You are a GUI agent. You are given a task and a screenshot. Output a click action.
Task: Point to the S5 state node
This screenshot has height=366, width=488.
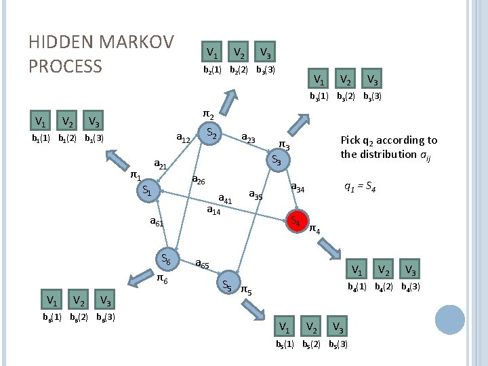(x=228, y=285)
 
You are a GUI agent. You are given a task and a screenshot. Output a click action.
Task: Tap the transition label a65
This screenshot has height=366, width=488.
(x=202, y=264)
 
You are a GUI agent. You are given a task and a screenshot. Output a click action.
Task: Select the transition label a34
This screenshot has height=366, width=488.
(x=299, y=186)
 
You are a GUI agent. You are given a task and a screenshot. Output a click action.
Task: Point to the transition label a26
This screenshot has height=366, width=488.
(x=199, y=180)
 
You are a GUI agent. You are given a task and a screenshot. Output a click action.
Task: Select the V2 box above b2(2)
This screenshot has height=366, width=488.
(x=238, y=52)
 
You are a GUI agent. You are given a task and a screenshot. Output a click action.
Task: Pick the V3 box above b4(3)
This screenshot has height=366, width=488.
(x=409, y=270)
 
